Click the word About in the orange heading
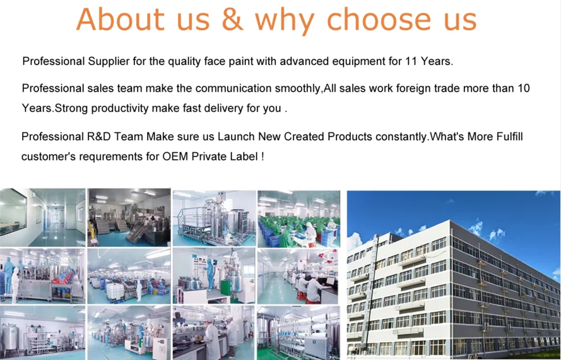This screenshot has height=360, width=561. (x=120, y=20)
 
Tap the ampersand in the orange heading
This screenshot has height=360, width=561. (x=233, y=20)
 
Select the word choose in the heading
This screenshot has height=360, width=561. (x=379, y=20)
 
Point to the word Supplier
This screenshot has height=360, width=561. (x=109, y=61)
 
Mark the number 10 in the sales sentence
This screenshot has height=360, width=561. (x=523, y=88)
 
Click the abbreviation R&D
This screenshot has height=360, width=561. (x=98, y=136)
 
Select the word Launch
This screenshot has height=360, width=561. (x=236, y=136)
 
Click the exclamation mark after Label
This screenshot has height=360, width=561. (x=263, y=157)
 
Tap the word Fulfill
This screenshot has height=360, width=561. (x=509, y=136)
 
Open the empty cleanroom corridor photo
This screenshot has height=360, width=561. (x=42, y=217)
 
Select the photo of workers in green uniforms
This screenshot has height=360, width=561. (x=298, y=219)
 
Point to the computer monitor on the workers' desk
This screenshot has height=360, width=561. (x=330, y=281)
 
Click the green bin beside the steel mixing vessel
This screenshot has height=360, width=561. (x=225, y=287)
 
